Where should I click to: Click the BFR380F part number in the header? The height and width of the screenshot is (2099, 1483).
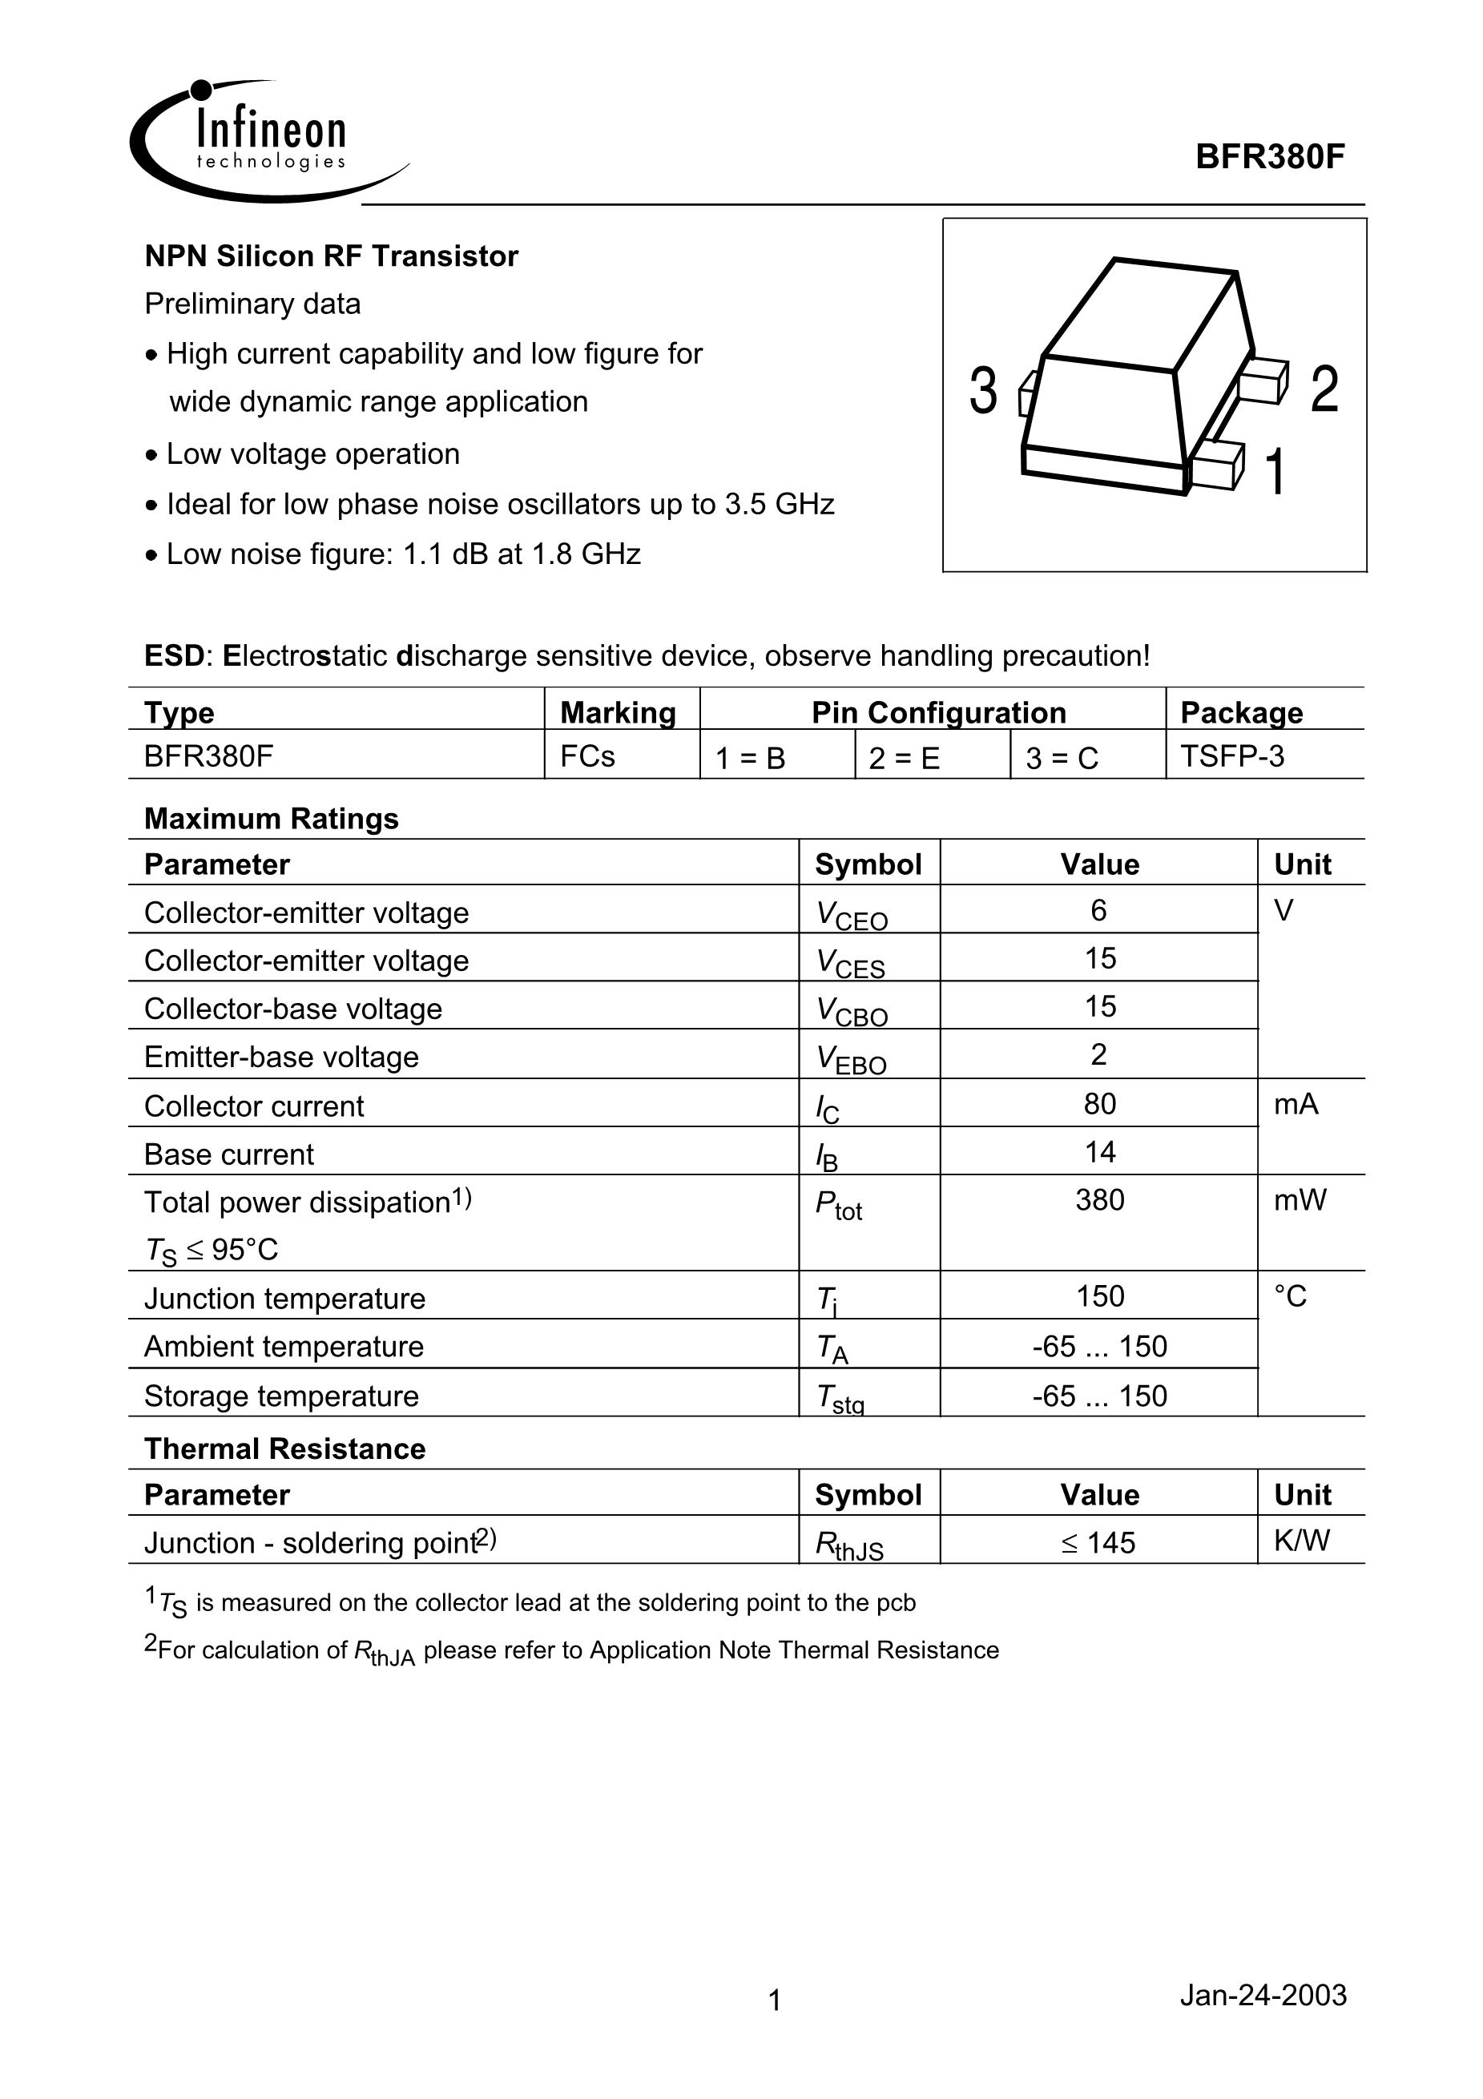tap(1270, 157)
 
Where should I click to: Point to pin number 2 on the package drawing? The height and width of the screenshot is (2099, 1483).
tap(1324, 389)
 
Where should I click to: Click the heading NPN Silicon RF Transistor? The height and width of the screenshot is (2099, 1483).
tap(331, 256)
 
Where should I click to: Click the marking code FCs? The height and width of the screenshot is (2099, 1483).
tap(587, 756)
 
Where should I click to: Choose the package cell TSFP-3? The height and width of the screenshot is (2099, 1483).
tap(1231, 756)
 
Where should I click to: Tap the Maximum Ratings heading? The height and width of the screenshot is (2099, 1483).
tap(272, 818)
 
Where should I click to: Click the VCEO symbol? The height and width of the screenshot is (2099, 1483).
tap(851, 914)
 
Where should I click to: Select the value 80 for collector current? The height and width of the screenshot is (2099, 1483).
tap(1099, 1104)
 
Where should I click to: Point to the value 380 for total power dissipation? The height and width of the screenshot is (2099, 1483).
tap(1099, 1199)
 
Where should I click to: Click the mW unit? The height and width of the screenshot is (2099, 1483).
tap(1300, 1199)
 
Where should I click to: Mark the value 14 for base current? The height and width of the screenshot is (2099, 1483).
tap(1099, 1152)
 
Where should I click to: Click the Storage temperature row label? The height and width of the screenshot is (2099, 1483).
tap(281, 1396)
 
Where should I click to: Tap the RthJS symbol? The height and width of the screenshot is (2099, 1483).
tap(848, 1545)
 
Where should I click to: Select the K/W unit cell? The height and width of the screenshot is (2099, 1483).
tap(1301, 1541)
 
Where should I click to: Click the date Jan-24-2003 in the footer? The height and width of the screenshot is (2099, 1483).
tap(1263, 1994)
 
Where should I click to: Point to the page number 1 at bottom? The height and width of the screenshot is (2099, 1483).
tap(775, 2000)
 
